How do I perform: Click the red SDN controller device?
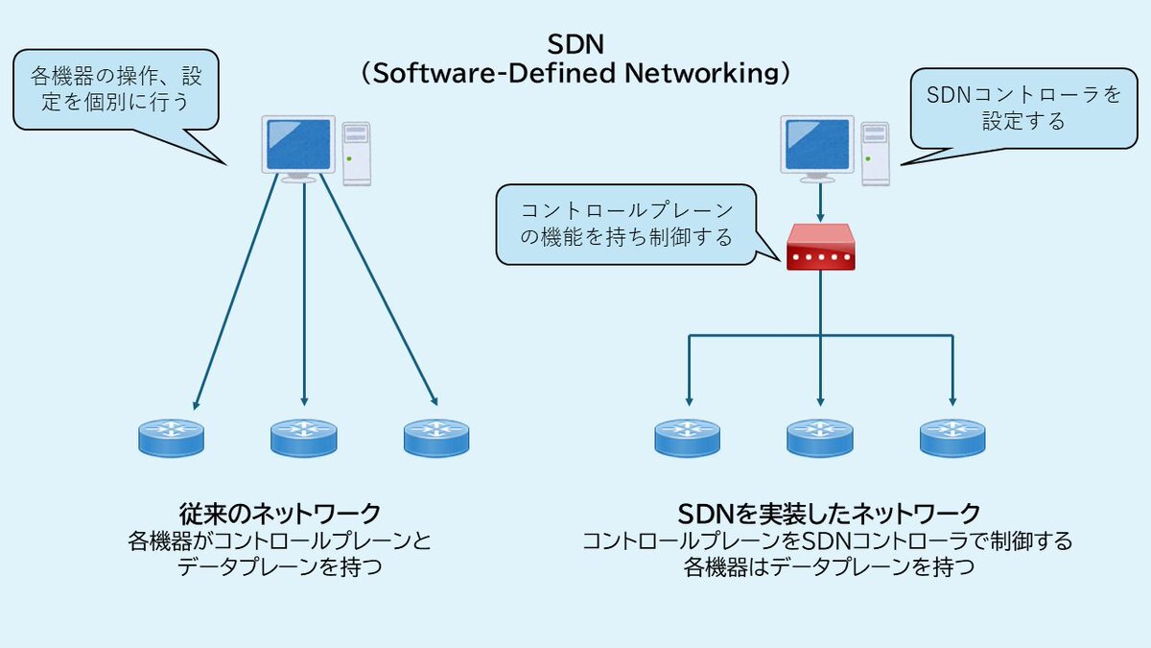(x=820, y=249)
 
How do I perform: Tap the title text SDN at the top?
(x=575, y=44)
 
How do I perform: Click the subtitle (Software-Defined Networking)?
(x=575, y=74)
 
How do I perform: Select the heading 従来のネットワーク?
(x=280, y=511)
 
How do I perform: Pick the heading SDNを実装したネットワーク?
(x=829, y=511)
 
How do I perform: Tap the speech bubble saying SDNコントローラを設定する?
(x=1023, y=108)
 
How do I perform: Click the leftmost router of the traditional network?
(x=171, y=437)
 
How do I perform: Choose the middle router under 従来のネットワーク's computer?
(x=303, y=437)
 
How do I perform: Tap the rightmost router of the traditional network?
(x=436, y=437)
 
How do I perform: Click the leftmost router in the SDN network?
(x=688, y=437)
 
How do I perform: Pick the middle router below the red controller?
(x=820, y=437)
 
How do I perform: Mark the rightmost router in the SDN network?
(x=952, y=437)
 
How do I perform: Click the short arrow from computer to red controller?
(x=820, y=203)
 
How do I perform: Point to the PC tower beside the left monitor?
(x=356, y=152)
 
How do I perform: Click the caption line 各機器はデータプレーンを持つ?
(x=829, y=566)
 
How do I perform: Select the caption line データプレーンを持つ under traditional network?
(x=280, y=566)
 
